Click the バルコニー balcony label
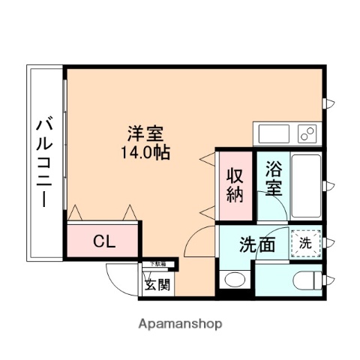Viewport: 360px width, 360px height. pyautogui.click(x=43, y=162)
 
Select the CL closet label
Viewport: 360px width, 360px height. pyautogui.click(x=103, y=241)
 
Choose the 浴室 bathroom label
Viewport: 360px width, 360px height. pyautogui.click(x=273, y=180)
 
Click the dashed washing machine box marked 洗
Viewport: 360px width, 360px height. pyautogui.click(x=306, y=242)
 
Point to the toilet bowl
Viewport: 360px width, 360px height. pyautogui.click(x=307, y=282)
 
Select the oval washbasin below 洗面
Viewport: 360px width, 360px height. pyautogui.click(x=234, y=282)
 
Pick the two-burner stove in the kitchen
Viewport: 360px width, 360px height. pyautogui.click(x=307, y=133)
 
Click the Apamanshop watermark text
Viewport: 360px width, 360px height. pyautogui.click(x=179, y=325)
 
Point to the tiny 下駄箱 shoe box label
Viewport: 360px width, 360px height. pyautogui.click(x=157, y=263)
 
